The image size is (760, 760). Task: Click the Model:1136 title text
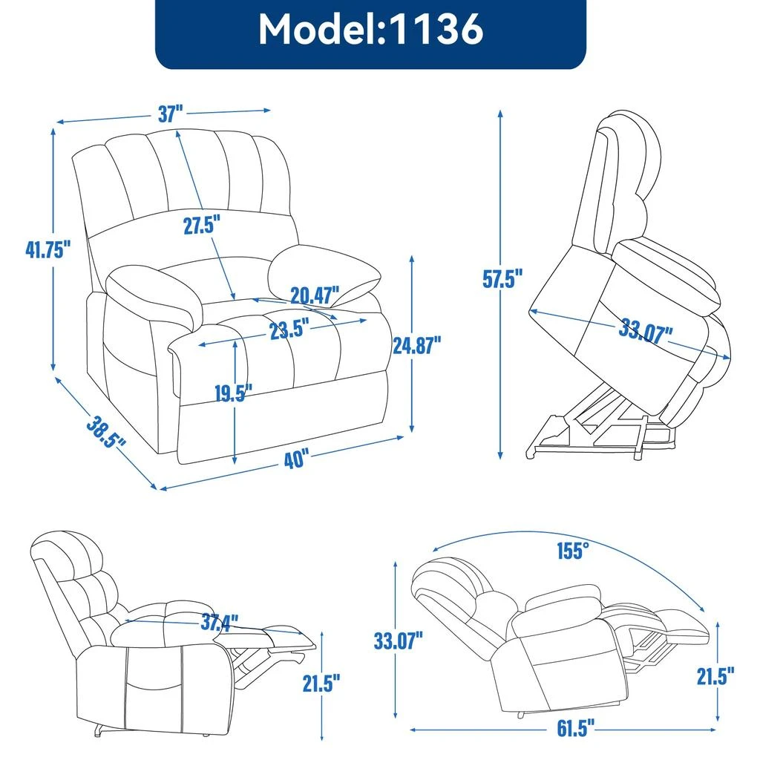[370, 30]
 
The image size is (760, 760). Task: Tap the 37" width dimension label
[170, 114]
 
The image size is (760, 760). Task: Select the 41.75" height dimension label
[47, 249]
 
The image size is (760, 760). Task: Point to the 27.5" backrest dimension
[203, 226]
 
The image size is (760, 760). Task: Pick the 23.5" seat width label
[289, 330]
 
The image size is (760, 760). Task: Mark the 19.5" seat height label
[234, 393]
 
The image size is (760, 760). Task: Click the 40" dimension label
[295, 459]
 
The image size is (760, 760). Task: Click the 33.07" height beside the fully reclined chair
[398, 641]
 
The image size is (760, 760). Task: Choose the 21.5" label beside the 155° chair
[715, 675]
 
